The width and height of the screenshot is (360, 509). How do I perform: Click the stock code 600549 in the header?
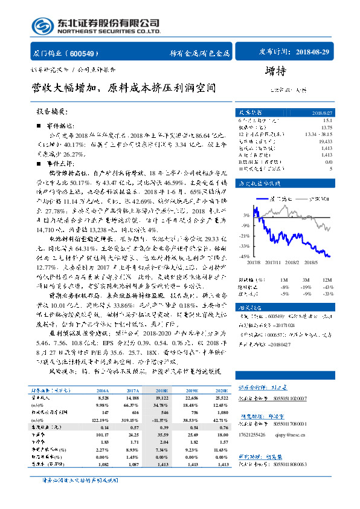point(87,53)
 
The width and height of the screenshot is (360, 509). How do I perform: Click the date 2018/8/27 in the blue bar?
point(320,112)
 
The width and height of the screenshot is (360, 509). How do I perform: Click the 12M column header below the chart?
point(327,280)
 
